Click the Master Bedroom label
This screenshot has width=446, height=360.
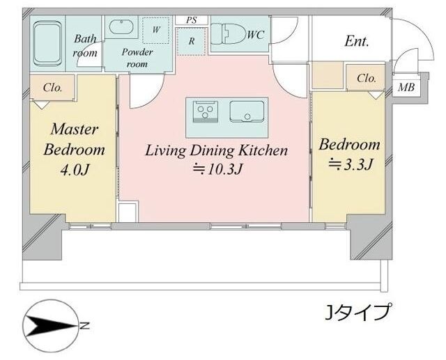[74, 139]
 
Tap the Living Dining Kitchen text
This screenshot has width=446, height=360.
[215, 150]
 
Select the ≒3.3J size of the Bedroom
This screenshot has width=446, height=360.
[349, 164]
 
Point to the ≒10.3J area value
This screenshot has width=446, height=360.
[215, 169]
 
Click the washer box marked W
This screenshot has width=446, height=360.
[155, 30]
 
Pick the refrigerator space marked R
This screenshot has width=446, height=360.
[191, 41]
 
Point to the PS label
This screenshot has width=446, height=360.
[191, 20]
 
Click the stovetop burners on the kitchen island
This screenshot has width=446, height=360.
[206, 111]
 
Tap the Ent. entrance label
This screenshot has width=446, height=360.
[357, 41]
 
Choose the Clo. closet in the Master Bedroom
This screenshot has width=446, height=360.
[52, 88]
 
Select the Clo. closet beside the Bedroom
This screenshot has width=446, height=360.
[366, 79]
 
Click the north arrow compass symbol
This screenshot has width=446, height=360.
[52, 325]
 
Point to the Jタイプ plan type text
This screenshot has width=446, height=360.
[358, 311]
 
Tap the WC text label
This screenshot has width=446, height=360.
[256, 33]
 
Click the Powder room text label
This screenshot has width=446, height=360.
[137, 58]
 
